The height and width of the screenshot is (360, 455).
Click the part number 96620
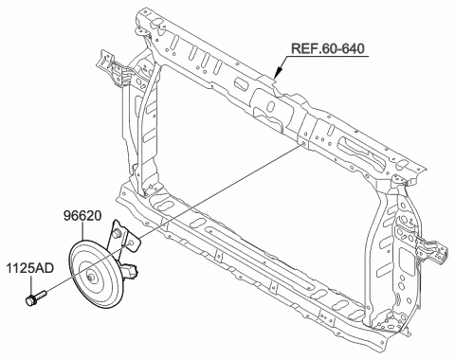click(82, 218)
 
